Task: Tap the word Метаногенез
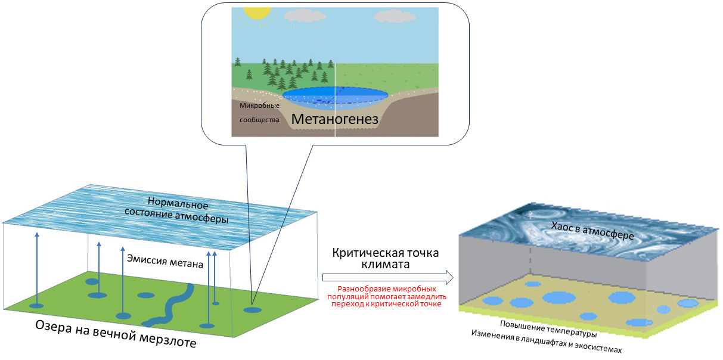tap(335, 119)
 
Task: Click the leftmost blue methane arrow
tap(36, 268)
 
